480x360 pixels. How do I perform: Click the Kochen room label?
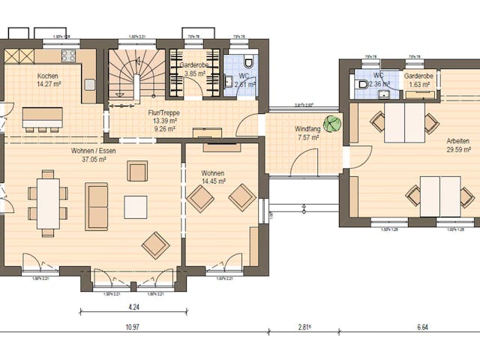(x=48, y=76)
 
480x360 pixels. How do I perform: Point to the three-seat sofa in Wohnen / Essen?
(x=96, y=206)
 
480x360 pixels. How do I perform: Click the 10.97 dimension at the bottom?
(x=133, y=328)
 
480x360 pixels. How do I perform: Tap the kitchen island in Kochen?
(x=42, y=118)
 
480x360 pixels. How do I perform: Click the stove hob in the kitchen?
(x=69, y=55)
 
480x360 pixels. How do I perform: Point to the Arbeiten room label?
(x=457, y=141)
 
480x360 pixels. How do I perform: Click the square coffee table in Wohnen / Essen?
(x=136, y=206)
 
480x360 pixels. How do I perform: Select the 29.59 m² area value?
(x=457, y=149)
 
